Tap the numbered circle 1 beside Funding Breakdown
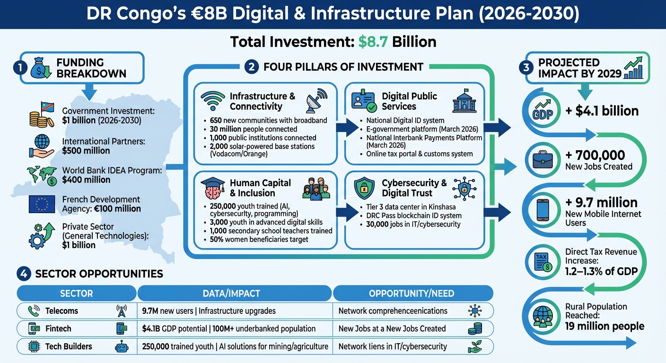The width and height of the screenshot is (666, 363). coord(19,68)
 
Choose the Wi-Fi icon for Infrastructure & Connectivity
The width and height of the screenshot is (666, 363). coord(213,101)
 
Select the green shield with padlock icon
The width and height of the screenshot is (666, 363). coord(364,188)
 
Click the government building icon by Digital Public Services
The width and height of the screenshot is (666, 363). coord(465,100)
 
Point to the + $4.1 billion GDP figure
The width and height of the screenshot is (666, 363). coord(602,111)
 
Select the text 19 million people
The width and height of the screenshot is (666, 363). coord(605,326)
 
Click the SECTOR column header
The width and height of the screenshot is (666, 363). coord(76,294)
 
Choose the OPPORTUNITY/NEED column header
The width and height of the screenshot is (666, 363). coord(411,294)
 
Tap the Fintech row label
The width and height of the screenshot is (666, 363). coord(58,328)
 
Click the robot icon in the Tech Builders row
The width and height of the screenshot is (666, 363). coord(122,346)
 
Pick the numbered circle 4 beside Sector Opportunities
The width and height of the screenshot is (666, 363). coord(24,274)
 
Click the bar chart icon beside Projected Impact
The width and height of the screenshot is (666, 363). coord(633,69)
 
